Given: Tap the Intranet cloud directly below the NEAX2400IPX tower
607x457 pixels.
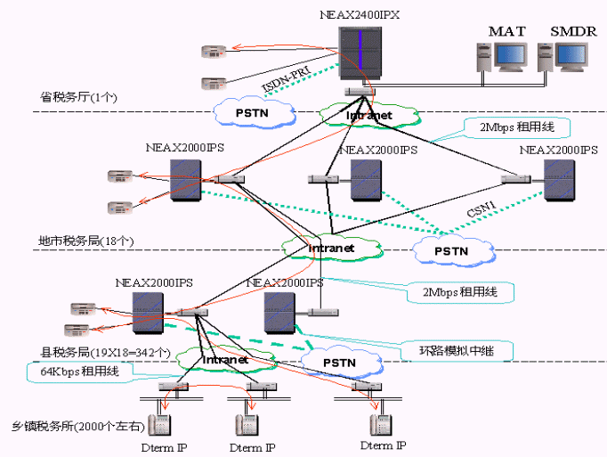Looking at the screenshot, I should click(x=368, y=114).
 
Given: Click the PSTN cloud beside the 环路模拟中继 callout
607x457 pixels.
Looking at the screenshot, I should click(x=339, y=362).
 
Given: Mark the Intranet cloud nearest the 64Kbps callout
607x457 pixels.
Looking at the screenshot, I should click(x=224, y=360).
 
